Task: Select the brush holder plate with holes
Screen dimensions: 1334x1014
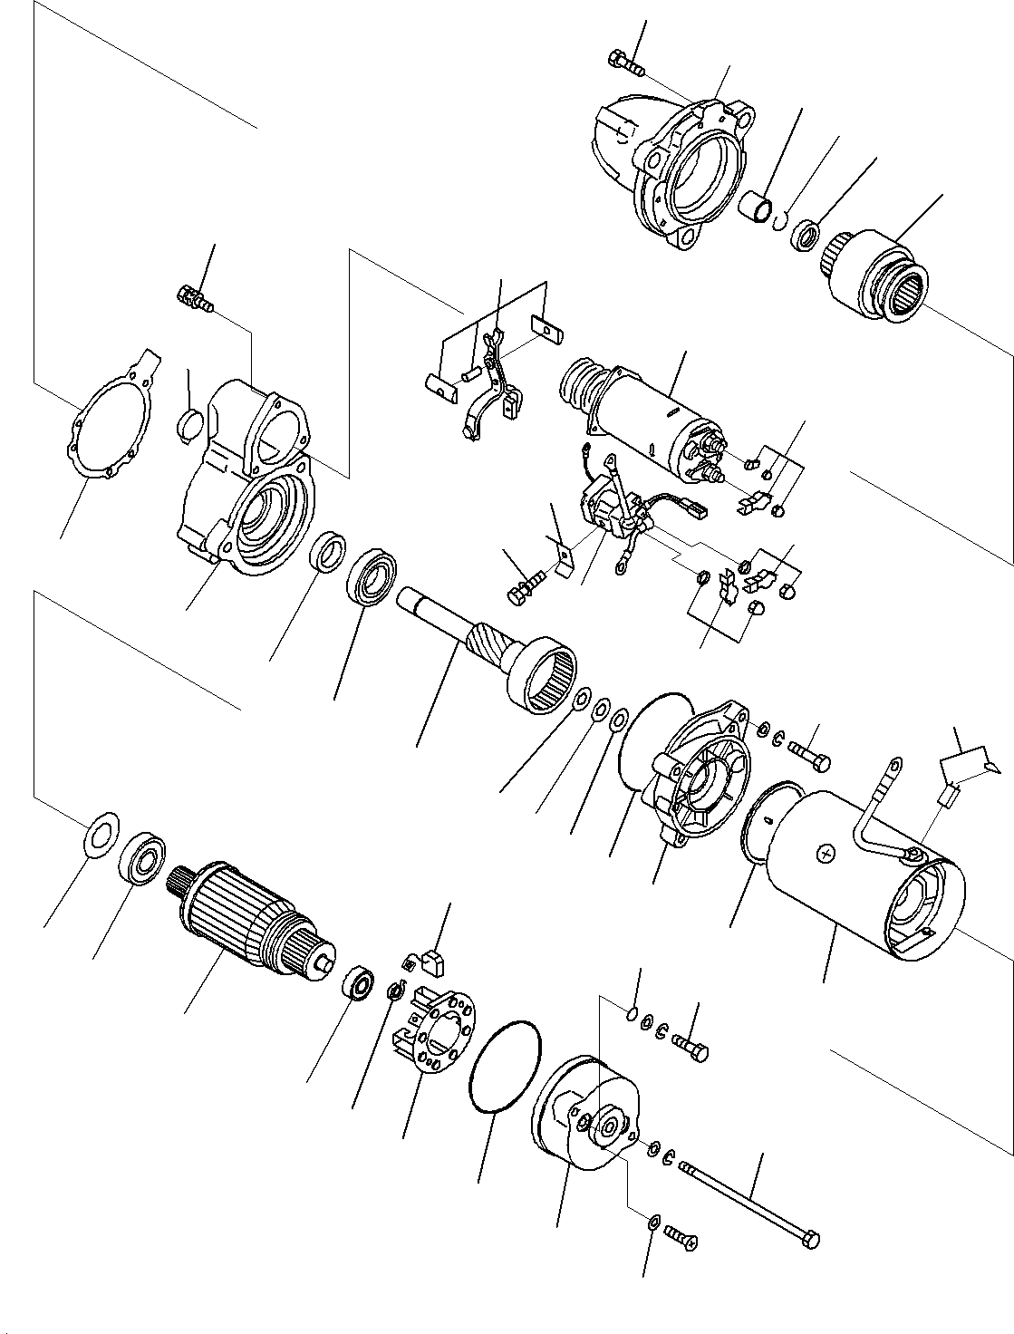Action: [433, 1033]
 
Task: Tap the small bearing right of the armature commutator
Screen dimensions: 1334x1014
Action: [360, 983]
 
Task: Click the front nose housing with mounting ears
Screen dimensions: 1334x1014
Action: [675, 168]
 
